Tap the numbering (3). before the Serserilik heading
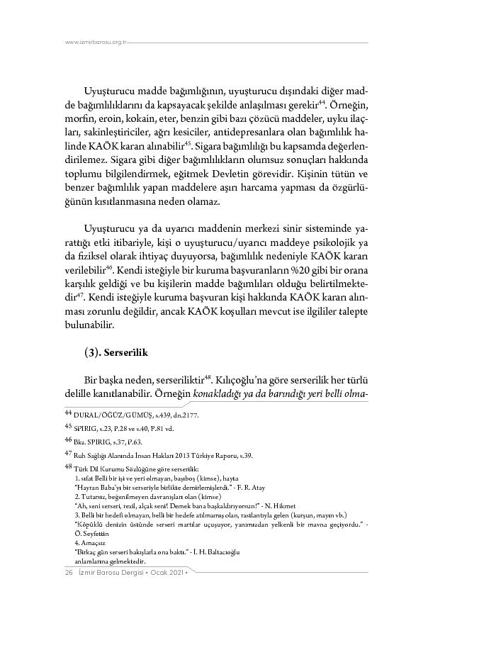[x=96, y=352]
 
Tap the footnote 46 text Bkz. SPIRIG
[x=89, y=440]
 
